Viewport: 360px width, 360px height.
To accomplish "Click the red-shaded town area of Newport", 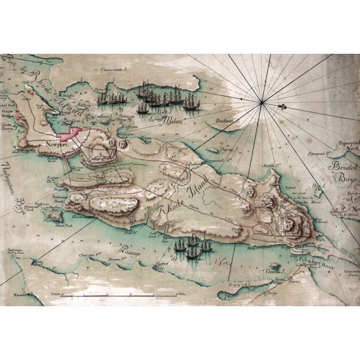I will pyautogui.click(x=67, y=132).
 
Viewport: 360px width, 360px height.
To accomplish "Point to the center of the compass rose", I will pyautogui.click(x=261, y=102).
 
